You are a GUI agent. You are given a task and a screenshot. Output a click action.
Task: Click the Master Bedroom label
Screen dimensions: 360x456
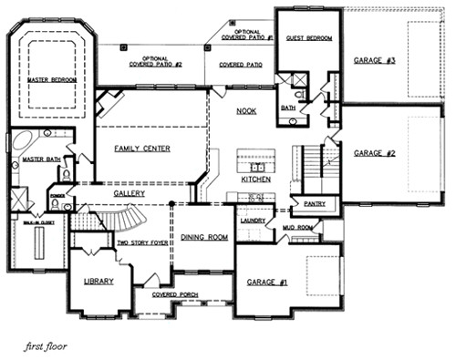click(x=52, y=80)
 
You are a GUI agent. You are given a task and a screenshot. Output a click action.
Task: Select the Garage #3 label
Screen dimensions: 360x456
click(x=374, y=60)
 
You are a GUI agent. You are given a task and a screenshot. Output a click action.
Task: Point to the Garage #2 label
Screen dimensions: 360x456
click(x=374, y=153)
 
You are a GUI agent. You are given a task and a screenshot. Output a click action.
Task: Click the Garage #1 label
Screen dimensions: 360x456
click(x=267, y=283)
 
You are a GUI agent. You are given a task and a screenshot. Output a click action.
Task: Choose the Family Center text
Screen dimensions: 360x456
click(x=143, y=148)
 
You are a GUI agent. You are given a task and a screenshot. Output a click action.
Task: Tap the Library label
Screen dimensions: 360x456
click(x=98, y=283)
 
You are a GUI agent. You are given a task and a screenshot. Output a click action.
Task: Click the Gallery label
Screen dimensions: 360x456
click(x=129, y=194)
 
